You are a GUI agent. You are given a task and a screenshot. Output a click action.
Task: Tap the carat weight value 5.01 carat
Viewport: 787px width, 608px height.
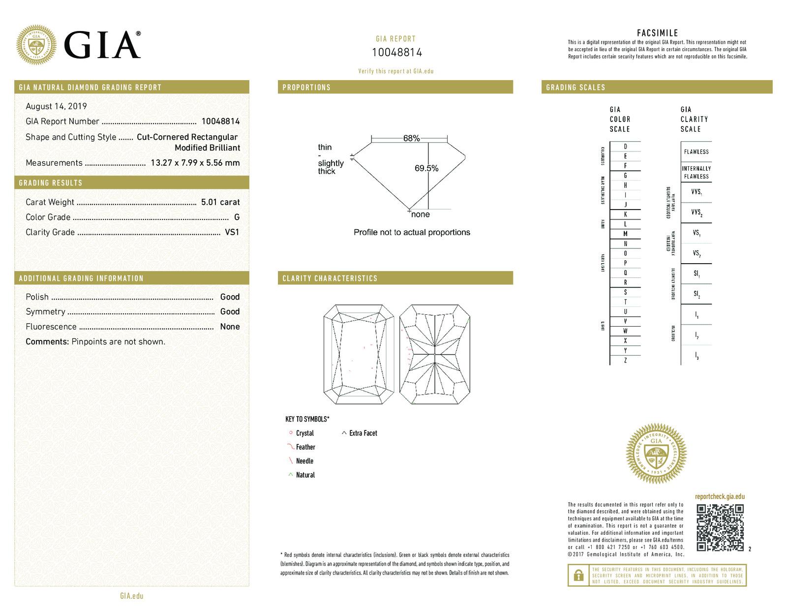220,202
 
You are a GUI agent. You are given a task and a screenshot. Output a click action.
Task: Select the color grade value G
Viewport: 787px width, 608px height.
237,217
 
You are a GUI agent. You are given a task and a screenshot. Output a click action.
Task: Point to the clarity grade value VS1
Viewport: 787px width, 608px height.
232,232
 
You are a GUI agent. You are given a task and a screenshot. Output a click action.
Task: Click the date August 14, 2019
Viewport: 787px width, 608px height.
56,106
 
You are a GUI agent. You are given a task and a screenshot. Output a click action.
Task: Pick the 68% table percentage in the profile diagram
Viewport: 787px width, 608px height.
411,139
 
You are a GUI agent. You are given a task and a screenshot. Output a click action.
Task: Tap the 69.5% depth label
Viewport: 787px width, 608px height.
426,168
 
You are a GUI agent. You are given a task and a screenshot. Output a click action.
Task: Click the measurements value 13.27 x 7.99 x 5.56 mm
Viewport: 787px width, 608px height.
195,163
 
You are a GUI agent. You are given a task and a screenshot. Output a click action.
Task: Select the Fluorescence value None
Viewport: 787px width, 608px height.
230,327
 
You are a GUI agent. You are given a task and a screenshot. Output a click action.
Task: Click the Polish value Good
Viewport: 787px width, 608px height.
230,297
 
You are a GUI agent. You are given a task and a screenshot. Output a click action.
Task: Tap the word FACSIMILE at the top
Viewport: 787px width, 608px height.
657,33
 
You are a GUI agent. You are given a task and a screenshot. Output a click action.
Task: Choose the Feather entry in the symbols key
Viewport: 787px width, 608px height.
305,447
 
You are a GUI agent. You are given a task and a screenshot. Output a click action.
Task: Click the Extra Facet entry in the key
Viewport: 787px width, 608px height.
363,433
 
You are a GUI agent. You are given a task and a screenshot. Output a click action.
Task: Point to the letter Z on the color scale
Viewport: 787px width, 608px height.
625,361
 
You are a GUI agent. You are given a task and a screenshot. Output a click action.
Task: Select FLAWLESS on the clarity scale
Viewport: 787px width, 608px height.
696,152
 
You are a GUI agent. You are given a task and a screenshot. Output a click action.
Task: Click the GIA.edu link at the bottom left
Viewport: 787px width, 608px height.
132,596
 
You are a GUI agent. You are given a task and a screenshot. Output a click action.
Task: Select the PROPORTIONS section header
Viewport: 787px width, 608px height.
306,88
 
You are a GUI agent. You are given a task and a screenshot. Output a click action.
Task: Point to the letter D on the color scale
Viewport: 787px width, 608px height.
625,147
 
